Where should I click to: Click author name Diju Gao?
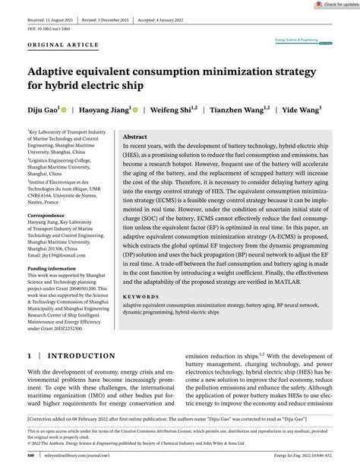43,110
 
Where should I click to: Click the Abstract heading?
134,137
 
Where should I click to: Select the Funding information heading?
52,268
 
